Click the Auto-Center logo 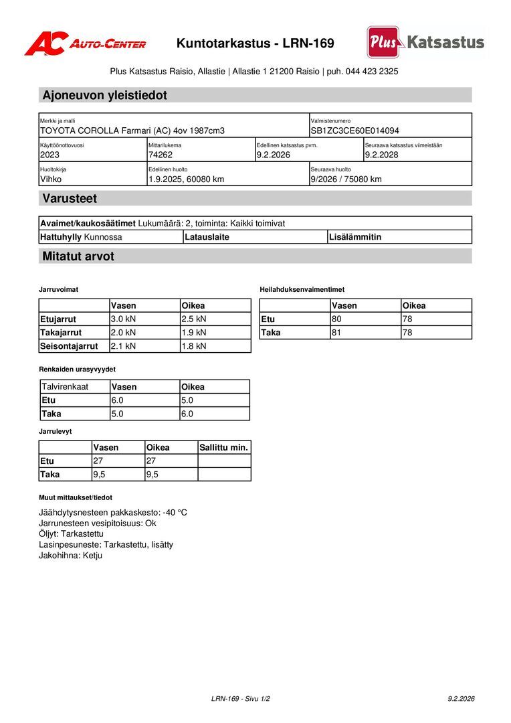[x=85, y=44]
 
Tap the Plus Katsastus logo [x=425, y=42]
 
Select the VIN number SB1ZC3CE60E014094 [x=354, y=131]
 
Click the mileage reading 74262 [x=161, y=155]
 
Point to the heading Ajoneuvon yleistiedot [x=104, y=95]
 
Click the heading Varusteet [x=70, y=199]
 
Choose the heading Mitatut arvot [x=78, y=256]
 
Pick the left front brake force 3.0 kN [x=123, y=319]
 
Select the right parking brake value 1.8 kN [x=194, y=346]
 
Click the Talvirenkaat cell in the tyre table [x=65, y=387]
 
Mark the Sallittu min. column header [x=223, y=448]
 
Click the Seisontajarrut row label [x=69, y=346]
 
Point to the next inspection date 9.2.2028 [x=382, y=155]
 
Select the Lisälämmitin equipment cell [x=355, y=237]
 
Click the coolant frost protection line [x=113, y=513]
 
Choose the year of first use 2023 [x=50, y=155]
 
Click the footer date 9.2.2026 [x=461, y=699]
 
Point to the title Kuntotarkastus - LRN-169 [x=255, y=44]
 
